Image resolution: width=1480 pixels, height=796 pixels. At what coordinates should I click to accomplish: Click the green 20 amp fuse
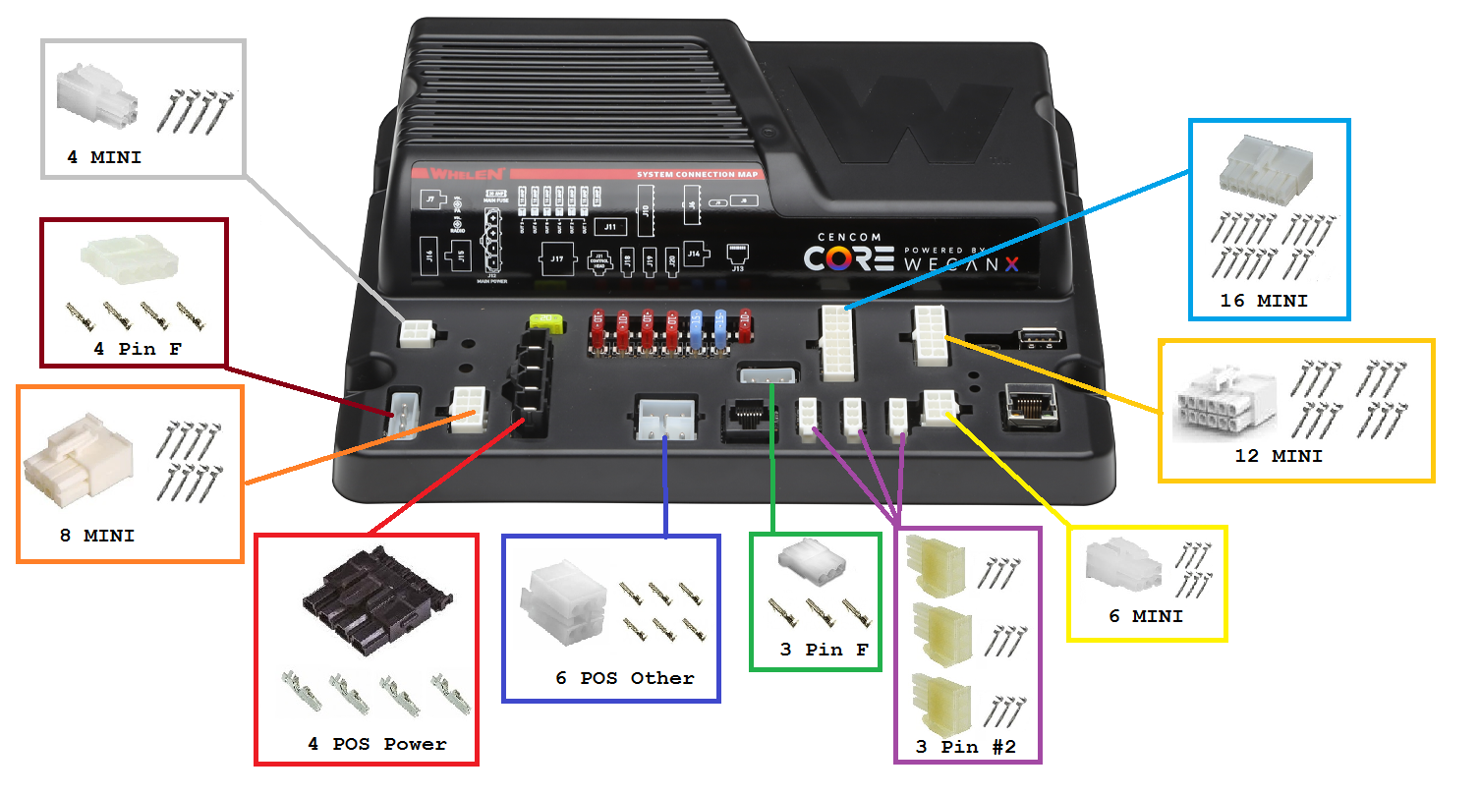tap(544, 320)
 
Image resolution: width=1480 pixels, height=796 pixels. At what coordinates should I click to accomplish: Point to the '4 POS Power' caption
tap(376, 744)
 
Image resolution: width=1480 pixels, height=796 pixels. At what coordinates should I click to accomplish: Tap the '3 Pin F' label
tap(816, 649)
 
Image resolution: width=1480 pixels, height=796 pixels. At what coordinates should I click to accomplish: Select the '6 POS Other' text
tap(624, 678)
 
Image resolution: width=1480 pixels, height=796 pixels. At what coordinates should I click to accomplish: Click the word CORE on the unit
tap(849, 257)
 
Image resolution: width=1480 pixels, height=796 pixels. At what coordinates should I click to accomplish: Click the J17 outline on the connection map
tap(557, 260)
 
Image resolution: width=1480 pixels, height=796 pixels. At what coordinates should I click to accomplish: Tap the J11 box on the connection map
tap(609, 227)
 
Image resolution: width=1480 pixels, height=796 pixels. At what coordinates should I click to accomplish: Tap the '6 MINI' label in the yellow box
tap(1146, 616)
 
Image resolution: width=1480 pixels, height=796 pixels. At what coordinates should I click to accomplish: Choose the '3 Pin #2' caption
tap(965, 747)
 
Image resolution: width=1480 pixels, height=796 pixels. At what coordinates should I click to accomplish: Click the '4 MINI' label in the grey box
tap(104, 156)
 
